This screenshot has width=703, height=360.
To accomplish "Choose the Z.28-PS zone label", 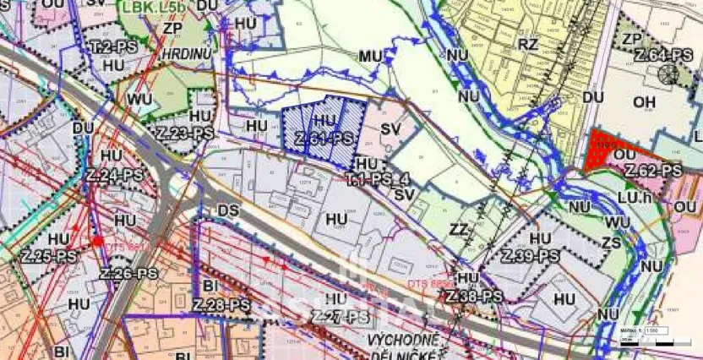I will pyautogui.click(x=221, y=304).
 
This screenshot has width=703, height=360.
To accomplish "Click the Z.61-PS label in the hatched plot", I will pyautogui.click(x=324, y=139).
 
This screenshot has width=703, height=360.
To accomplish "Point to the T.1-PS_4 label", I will pyautogui.click(x=378, y=179).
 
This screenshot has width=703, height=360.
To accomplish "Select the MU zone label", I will pyautogui.click(x=368, y=56).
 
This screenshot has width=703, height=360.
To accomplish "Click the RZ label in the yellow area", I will pyautogui.click(x=528, y=44).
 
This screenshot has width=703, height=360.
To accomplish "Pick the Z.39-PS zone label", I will pyautogui.click(x=531, y=255).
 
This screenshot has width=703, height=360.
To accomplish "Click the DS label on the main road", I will pyautogui.click(x=229, y=209).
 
